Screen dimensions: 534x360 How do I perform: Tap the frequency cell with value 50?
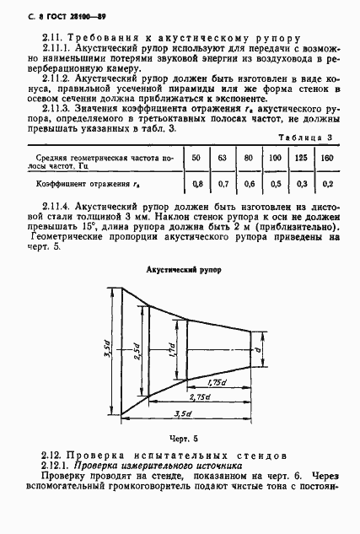tap(196, 158)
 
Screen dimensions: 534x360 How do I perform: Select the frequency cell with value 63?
tap(222, 158)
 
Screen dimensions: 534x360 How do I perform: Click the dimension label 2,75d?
tap(200, 396)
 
